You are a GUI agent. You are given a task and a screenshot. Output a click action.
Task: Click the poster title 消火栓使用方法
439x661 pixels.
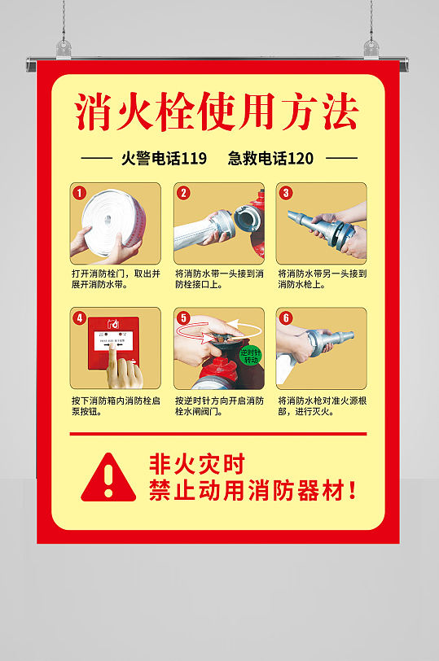[x=217, y=113]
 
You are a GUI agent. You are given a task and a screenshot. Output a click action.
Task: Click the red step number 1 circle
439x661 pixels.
[x=80, y=194]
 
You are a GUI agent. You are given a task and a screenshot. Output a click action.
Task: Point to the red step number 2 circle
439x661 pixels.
[x=183, y=193]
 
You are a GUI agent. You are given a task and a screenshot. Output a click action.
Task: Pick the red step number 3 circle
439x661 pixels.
[x=286, y=193]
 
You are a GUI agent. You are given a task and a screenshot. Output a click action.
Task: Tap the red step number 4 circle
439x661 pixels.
[x=80, y=318]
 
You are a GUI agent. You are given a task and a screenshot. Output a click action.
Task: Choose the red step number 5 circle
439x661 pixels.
[x=183, y=318]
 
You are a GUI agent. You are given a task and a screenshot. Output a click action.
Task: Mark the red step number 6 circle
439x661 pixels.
[x=286, y=318]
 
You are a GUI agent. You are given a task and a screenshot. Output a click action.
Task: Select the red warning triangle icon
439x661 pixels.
[x=109, y=478]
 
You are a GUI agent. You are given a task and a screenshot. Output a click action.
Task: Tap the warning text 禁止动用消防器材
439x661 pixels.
[x=252, y=491]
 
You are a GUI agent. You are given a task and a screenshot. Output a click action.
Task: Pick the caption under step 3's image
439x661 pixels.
[x=322, y=279]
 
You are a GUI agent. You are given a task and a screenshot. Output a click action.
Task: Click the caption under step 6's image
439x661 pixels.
[x=322, y=406]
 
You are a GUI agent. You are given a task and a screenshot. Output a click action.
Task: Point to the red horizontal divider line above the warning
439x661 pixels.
[x=217, y=434]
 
